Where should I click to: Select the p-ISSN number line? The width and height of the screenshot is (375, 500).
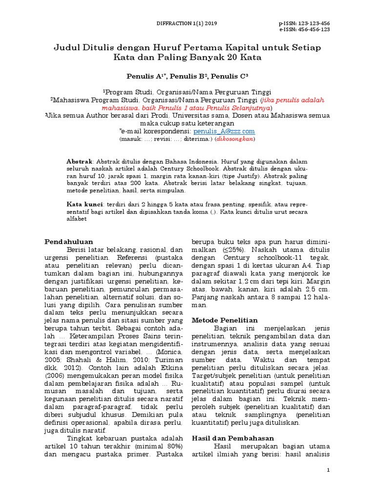point(304,23)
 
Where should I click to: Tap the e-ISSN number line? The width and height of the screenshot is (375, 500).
point(304,29)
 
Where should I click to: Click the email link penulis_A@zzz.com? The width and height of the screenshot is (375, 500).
point(224,131)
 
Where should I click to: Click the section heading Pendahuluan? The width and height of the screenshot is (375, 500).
point(69,241)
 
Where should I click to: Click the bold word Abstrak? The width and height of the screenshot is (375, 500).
point(79,161)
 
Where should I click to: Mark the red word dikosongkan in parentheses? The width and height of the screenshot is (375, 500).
point(236,139)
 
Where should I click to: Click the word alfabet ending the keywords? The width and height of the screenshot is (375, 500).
point(77,219)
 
